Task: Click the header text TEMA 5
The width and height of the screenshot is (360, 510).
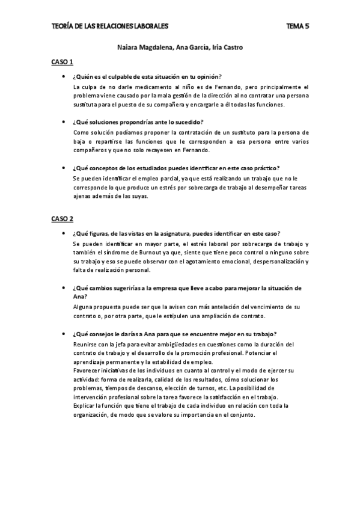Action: click(297, 26)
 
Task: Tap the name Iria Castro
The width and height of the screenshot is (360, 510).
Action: click(225, 48)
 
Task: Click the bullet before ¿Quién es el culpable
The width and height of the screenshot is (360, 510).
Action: click(64, 76)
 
